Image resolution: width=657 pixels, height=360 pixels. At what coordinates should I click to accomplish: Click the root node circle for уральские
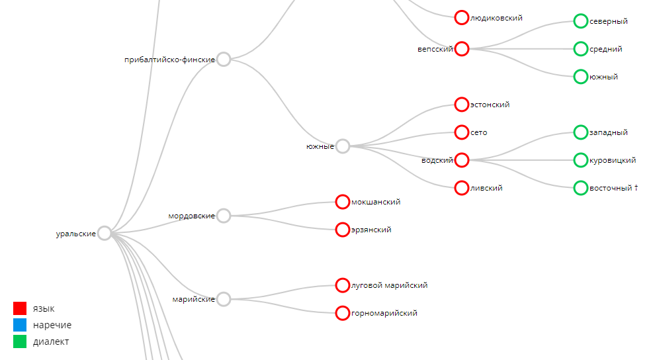pyautogui.click(x=105, y=233)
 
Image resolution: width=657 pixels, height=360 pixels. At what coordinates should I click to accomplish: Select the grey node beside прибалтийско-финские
pyautogui.click(x=224, y=60)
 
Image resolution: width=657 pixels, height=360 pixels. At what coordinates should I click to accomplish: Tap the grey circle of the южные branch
pyautogui.click(x=343, y=146)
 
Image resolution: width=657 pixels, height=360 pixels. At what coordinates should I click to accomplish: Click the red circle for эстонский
pyautogui.click(x=462, y=105)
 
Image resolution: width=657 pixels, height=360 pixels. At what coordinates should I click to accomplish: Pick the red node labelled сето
pyautogui.click(x=462, y=132)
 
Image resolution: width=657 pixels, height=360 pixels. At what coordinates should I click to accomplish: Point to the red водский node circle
pyautogui.click(x=462, y=160)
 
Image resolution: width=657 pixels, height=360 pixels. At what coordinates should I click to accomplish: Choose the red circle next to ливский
pyautogui.click(x=462, y=188)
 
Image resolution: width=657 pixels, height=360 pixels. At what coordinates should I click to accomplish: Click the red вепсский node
pyautogui.click(x=462, y=49)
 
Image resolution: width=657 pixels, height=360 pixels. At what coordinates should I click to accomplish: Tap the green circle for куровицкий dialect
pyautogui.click(x=580, y=160)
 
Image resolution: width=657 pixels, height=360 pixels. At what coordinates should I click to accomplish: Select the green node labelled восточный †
pyautogui.click(x=580, y=188)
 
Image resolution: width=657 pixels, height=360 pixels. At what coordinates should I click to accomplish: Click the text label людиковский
pyautogui.click(x=496, y=18)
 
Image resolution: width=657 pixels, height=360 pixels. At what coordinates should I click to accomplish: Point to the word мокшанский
pyautogui.click(x=376, y=202)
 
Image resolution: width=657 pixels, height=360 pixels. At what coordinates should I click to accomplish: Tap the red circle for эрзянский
pyautogui.click(x=343, y=230)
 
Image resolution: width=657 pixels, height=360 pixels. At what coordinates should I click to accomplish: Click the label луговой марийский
pyautogui.click(x=389, y=285)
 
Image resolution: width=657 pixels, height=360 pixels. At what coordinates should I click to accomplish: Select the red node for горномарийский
pyautogui.click(x=343, y=313)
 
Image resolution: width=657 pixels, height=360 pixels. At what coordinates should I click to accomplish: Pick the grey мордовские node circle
pyautogui.click(x=224, y=216)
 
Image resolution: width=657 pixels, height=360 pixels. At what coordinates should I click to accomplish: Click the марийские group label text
pyautogui.click(x=193, y=299)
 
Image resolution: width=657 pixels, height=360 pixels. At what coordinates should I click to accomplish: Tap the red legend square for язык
pyautogui.click(x=20, y=308)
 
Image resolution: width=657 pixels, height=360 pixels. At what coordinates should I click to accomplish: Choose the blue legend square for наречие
pyautogui.click(x=20, y=325)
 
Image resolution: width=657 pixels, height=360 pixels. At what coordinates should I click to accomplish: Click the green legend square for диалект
pyautogui.click(x=20, y=341)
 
